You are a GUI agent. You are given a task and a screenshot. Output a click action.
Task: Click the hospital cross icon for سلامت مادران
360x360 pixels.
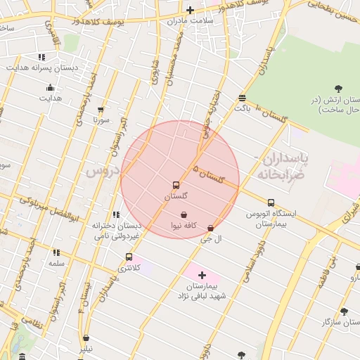[x=190, y=10]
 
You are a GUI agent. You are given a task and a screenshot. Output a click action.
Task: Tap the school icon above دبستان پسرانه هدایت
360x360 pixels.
[x=41, y=57]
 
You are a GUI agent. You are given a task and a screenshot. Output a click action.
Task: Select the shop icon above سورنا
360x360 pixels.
[x=101, y=110]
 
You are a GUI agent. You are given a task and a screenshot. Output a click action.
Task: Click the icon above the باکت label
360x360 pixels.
[x=242, y=98]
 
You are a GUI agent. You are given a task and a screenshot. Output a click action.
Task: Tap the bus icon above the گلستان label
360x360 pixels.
[x=176, y=186]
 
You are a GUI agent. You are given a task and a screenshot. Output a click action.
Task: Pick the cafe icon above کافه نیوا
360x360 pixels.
[x=184, y=214]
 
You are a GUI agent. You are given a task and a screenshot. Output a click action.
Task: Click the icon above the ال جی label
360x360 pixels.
[x=211, y=228]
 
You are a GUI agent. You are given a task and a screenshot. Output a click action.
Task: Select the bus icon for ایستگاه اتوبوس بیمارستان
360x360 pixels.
[x=271, y=203]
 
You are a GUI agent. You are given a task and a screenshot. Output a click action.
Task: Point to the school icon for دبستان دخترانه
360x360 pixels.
[x=115, y=215]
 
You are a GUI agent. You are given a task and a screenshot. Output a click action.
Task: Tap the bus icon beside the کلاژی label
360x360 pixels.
[x=129, y=257]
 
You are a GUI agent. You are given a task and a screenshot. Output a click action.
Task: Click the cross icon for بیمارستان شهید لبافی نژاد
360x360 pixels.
[x=202, y=275]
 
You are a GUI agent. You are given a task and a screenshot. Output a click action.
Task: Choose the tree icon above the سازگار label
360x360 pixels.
[x=344, y=311]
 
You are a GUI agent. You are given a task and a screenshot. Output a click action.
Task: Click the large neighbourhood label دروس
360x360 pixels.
[x=101, y=171]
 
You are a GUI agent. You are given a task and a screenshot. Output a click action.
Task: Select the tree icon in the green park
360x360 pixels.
[x=338, y=89]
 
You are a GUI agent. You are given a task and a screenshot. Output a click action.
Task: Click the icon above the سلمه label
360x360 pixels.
[x=56, y=252]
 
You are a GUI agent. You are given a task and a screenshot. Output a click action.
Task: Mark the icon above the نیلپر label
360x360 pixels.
[x=86, y=338]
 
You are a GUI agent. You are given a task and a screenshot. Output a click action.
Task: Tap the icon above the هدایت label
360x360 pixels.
[x=50, y=88]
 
